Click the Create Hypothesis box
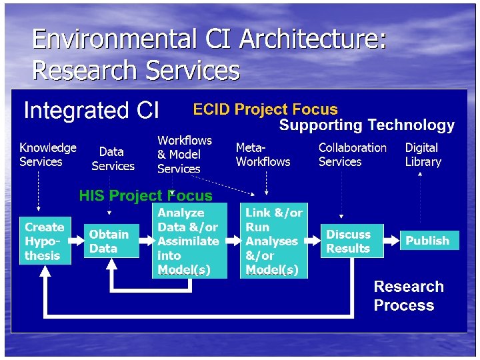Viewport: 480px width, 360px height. click(x=45, y=241)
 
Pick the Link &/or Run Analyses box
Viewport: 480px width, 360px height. click(x=273, y=241)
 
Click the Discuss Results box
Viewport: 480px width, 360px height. click(x=353, y=241)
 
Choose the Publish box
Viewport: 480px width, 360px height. click(x=429, y=241)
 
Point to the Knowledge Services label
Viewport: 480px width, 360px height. click(x=47, y=155)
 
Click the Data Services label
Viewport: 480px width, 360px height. click(x=113, y=159)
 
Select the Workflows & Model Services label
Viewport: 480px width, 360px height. click(x=184, y=155)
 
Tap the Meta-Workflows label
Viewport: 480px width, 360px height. click(x=263, y=155)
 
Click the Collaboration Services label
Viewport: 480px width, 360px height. click(x=352, y=155)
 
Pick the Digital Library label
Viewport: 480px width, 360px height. click(x=423, y=155)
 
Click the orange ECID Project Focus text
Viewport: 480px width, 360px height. click(x=265, y=109)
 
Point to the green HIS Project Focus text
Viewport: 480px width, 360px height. click(x=145, y=195)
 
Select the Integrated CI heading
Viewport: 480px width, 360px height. click(x=91, y=110)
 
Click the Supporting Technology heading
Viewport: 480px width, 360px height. click(x=367, y=125)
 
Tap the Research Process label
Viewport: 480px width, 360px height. click(x=408, y=296)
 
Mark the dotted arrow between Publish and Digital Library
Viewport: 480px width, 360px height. click(x=421, y=200)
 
